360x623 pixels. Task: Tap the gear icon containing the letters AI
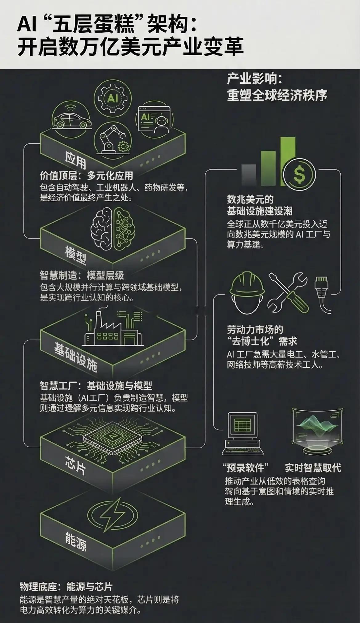pyautogui.click(x=112, y=98)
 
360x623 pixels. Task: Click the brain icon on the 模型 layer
pyautogui.click(x=112, y=227)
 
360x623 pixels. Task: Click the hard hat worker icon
pyautogui.click(x=247, y=292)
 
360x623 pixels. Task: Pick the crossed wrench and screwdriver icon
pyautogui.click(x=288, y=292)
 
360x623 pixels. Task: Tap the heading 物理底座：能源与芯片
pyautogui.click(x=66, y=587)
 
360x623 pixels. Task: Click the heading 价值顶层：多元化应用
pyautogui.click(x=87, y=176)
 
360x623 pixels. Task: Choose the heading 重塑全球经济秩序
pyautogui.click(x=277, y=95)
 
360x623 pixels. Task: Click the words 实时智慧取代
pyautogui.click(x=313, y=468)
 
